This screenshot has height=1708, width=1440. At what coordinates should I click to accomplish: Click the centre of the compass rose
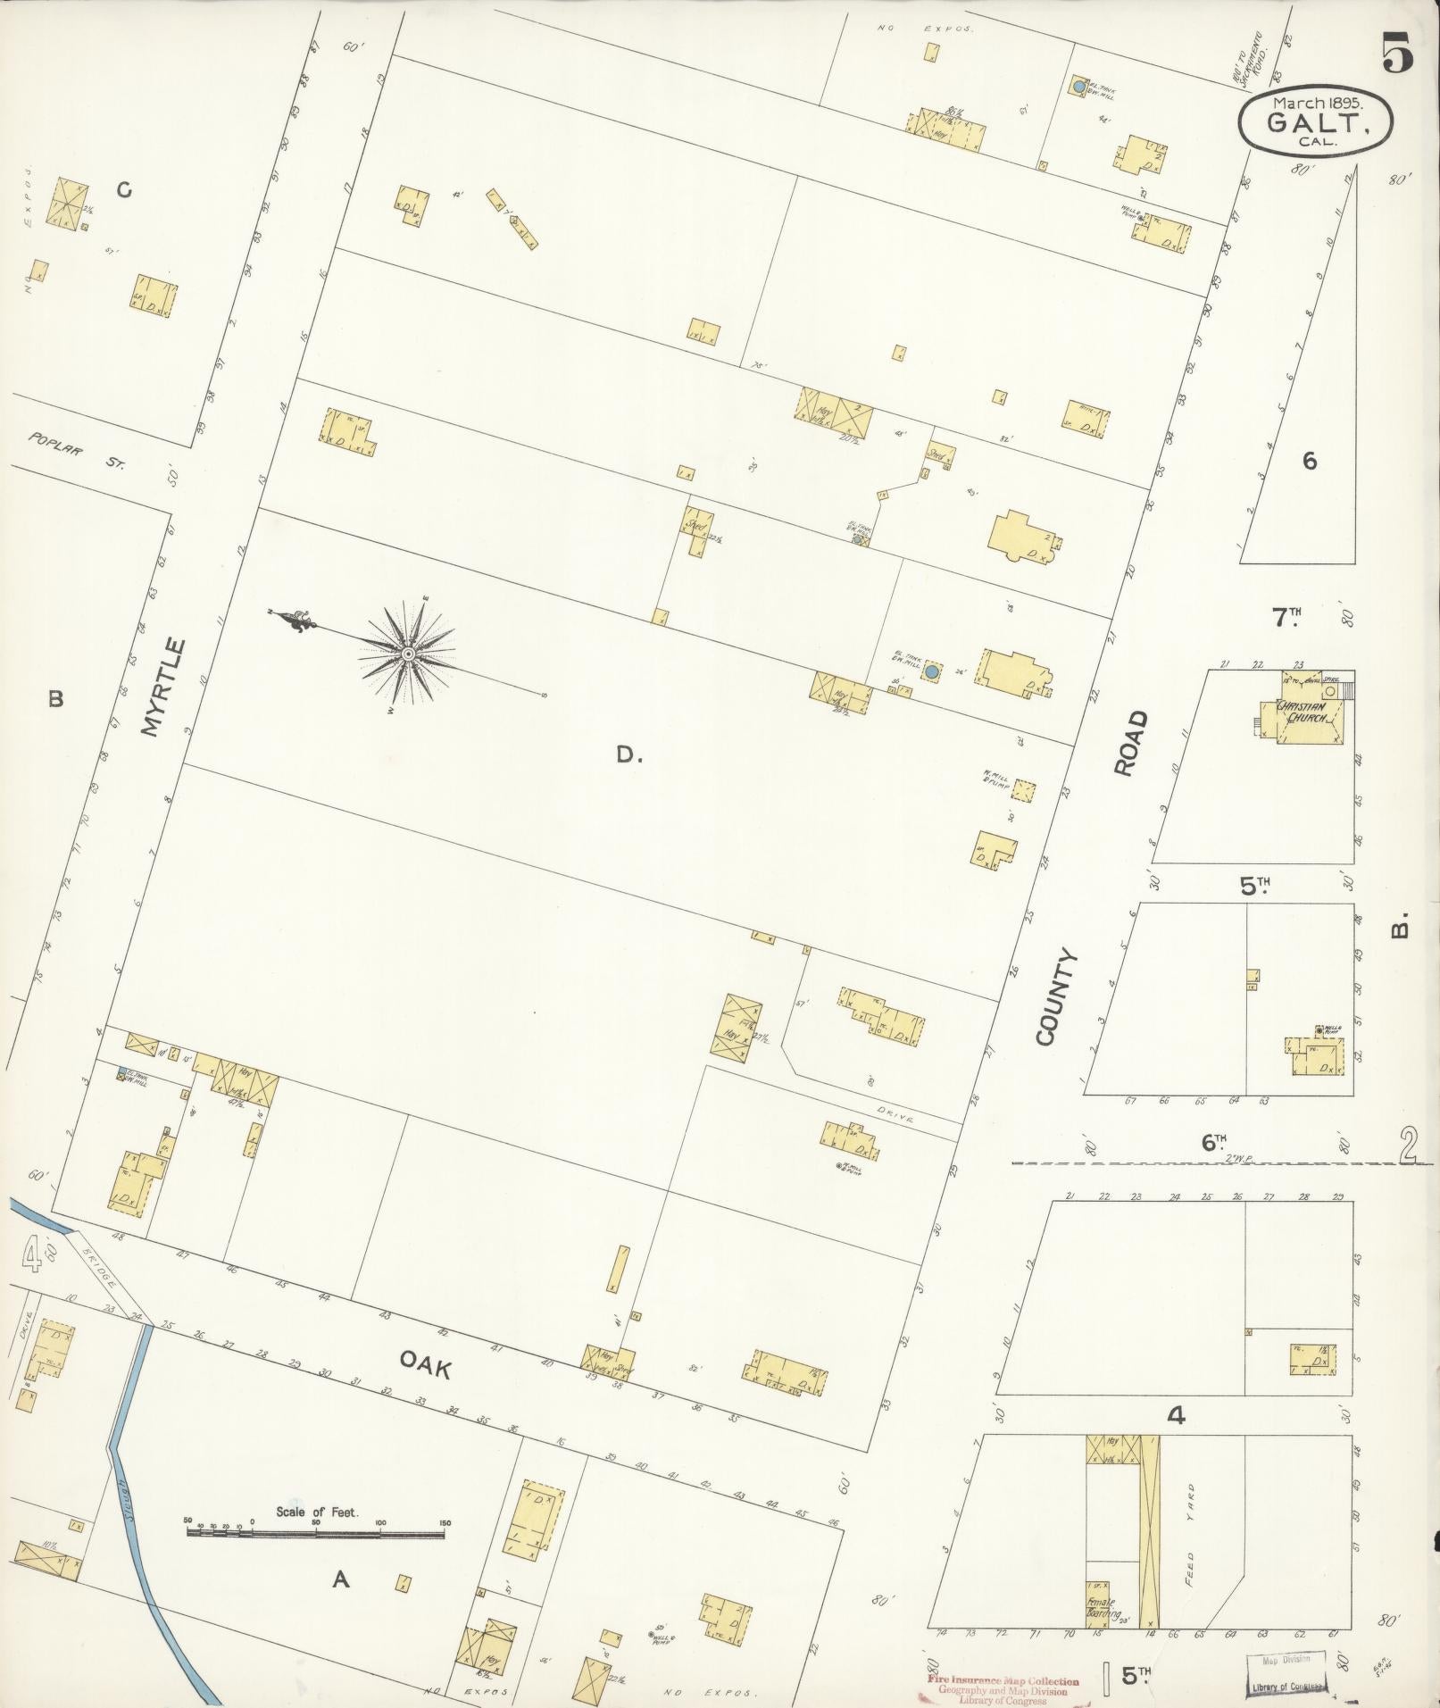[x=407, y=654]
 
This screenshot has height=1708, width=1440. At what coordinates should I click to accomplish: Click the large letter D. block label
[x=628, y=755]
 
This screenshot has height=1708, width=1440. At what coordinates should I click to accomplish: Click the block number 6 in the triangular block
[x=1309, y=462]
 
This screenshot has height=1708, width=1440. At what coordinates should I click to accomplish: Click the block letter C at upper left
[x=124, y=190]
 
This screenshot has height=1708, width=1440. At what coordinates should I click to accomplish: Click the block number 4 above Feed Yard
[x=1177, y=1415]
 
